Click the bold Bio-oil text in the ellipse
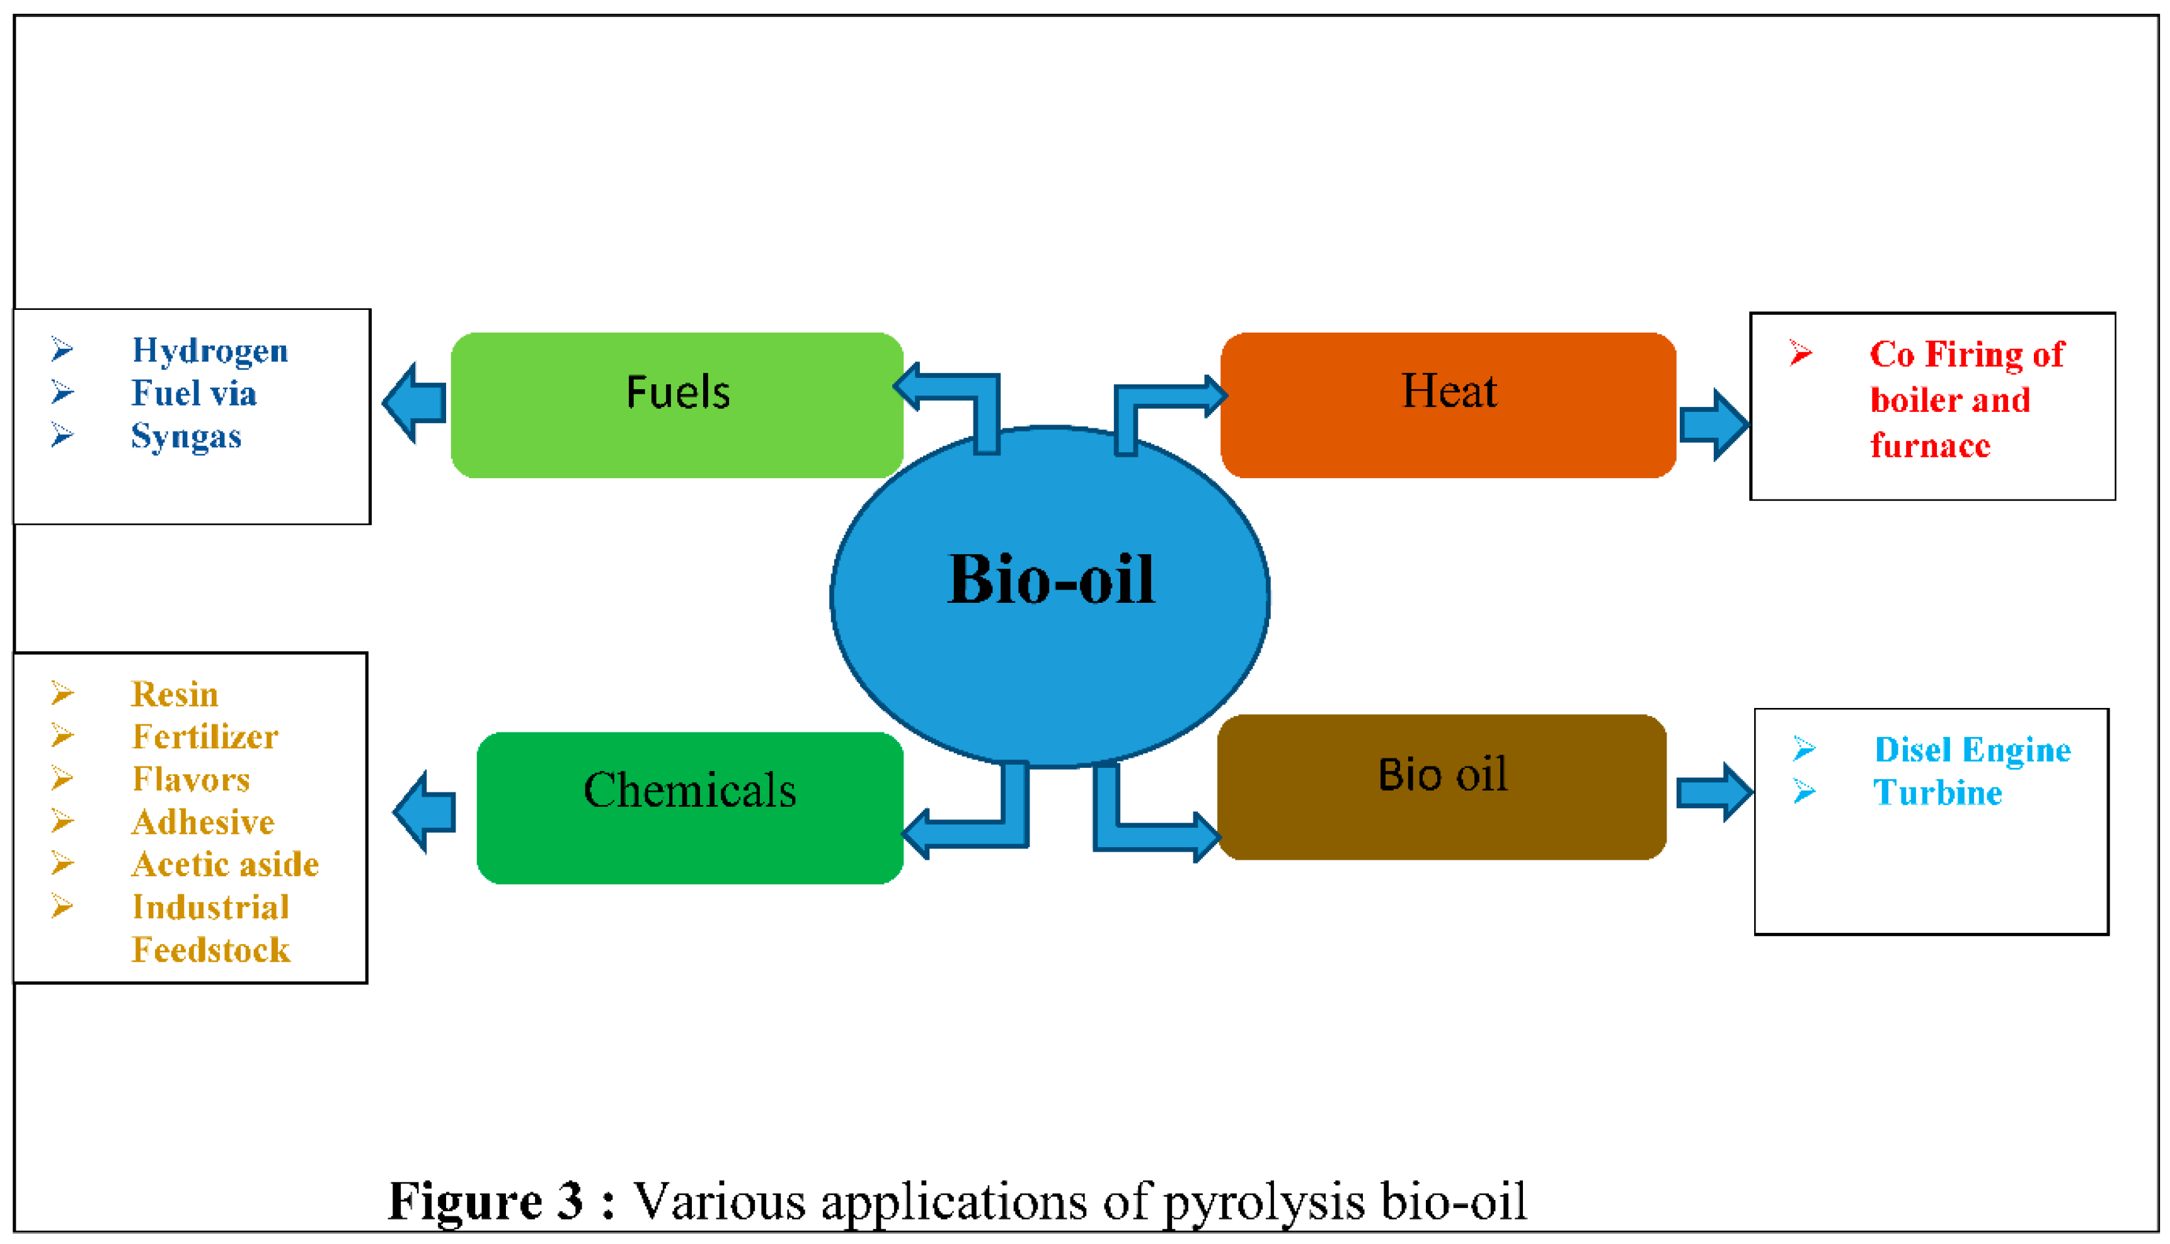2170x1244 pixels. (x=1051, y=580)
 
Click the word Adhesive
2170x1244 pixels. (x=202, y=823)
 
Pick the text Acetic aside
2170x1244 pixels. (x=225, y=865)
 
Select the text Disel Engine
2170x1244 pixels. (x=1972, y=750)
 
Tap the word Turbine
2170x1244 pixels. (x=1937, y=794)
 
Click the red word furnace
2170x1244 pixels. (x=1930, y=446)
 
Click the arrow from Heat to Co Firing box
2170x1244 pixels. (x=1714, y=425)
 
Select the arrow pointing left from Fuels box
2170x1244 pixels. (x=415, y=402)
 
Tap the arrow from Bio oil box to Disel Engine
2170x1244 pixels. (x=1714, y=792)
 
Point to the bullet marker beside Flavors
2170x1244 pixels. (x=62, y=779)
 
